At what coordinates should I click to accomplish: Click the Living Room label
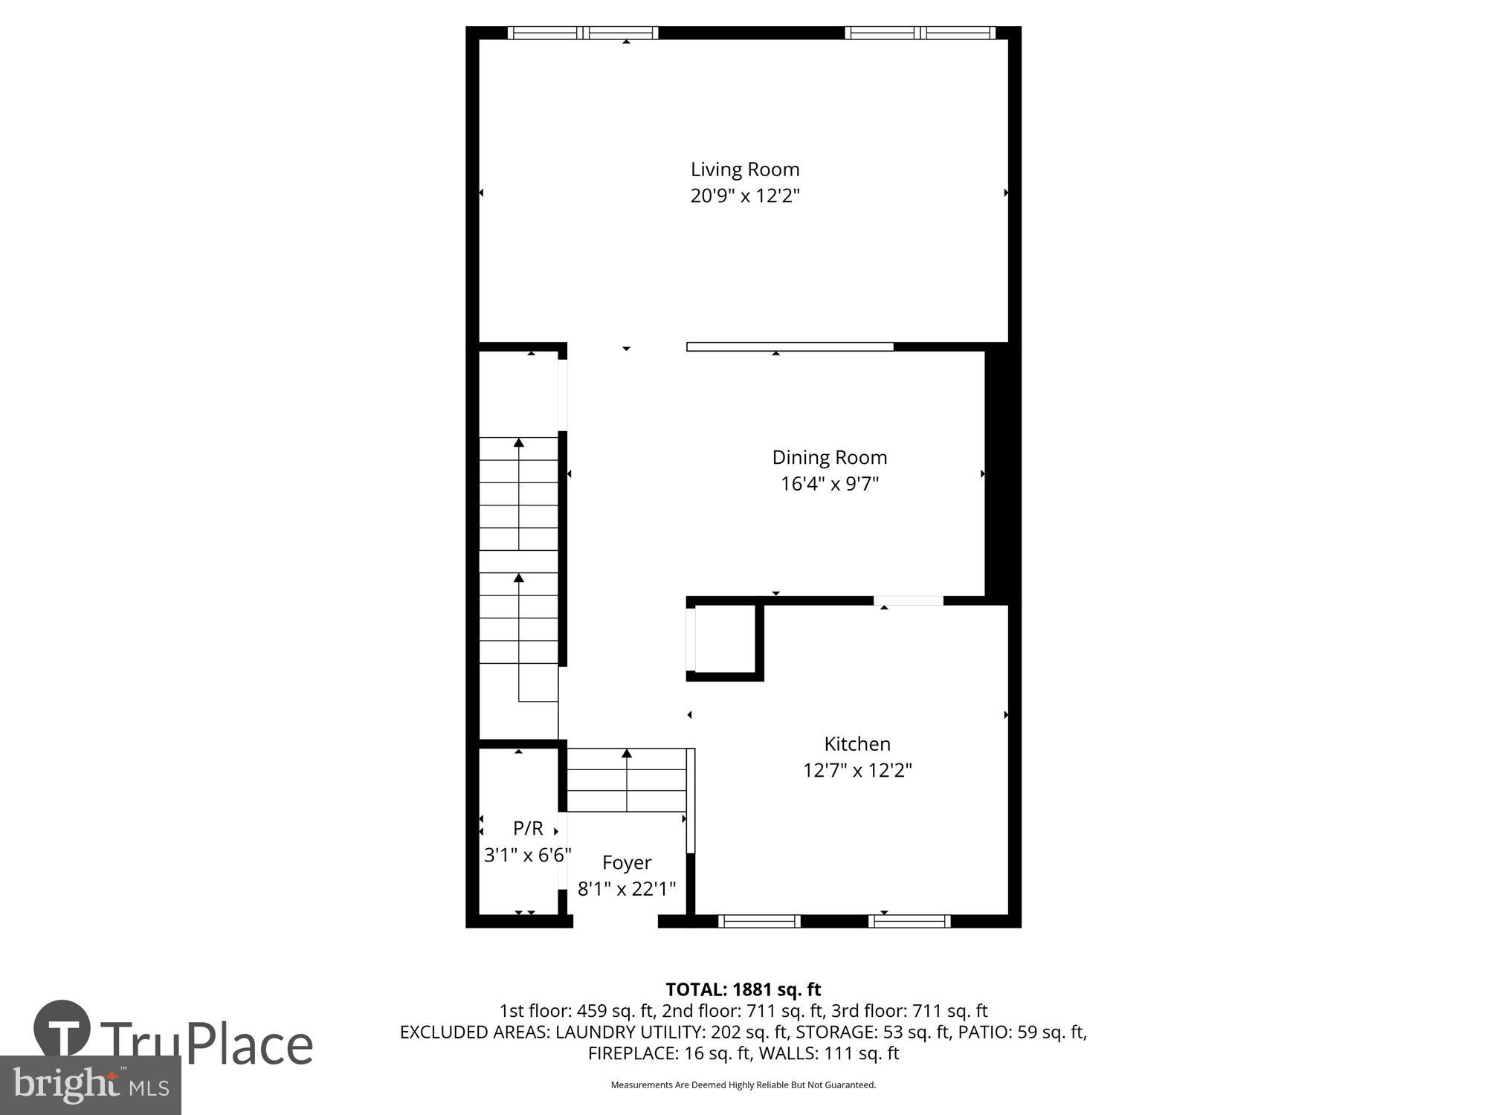(744, 169)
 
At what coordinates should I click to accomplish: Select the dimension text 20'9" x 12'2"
(744, 196)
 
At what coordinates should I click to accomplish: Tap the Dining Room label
(829, 457)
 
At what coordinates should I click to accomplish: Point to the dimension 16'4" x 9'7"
(829, 484)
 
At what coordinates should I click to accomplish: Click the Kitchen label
(857, 743)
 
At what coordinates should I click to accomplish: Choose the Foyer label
(626, 862)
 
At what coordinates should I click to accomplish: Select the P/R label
(528, 828)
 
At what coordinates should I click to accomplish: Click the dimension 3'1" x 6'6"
(527, 855)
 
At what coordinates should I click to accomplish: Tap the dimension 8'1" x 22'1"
(626, 888)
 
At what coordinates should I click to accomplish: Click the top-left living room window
(583, 33)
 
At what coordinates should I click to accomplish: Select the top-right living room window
(920, 33)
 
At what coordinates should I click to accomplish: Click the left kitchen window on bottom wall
(759, 922)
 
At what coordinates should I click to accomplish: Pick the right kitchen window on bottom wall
(909, 922)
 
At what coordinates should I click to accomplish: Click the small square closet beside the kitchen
(725, 639)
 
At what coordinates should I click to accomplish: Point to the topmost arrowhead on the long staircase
(519, 442)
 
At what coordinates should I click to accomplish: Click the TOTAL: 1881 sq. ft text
(743, 989)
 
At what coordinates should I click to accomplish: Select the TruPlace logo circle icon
(62, 1030)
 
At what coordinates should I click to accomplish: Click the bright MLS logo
(91, 1085)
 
